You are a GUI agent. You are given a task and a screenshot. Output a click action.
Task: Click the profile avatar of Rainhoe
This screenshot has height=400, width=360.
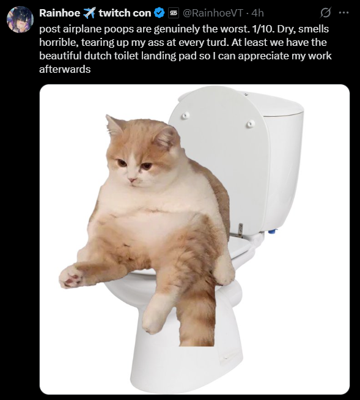20,20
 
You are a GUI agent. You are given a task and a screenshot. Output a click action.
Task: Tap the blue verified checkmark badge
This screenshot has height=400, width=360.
160,13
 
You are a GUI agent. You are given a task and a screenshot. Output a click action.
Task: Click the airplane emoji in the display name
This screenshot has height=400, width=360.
89,13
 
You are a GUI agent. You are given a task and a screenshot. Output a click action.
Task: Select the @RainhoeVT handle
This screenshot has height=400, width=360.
213,13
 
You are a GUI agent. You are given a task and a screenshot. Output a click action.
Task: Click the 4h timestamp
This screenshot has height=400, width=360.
257,13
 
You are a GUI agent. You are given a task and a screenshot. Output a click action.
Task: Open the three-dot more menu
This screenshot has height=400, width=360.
343,12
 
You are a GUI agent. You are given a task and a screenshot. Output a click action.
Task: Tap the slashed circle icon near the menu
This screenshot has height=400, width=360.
325,12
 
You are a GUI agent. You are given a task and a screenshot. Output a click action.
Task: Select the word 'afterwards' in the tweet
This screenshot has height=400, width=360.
65,69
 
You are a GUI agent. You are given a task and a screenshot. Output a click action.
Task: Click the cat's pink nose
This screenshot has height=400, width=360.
132,180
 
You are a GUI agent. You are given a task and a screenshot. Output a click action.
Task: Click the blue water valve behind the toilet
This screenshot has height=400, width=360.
273,232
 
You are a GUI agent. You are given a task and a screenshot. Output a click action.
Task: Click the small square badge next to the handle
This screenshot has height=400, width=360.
174,13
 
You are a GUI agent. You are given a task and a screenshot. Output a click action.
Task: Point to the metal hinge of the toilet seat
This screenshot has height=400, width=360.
240,229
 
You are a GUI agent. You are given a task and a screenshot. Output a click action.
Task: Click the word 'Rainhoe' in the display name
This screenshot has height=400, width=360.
60,13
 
